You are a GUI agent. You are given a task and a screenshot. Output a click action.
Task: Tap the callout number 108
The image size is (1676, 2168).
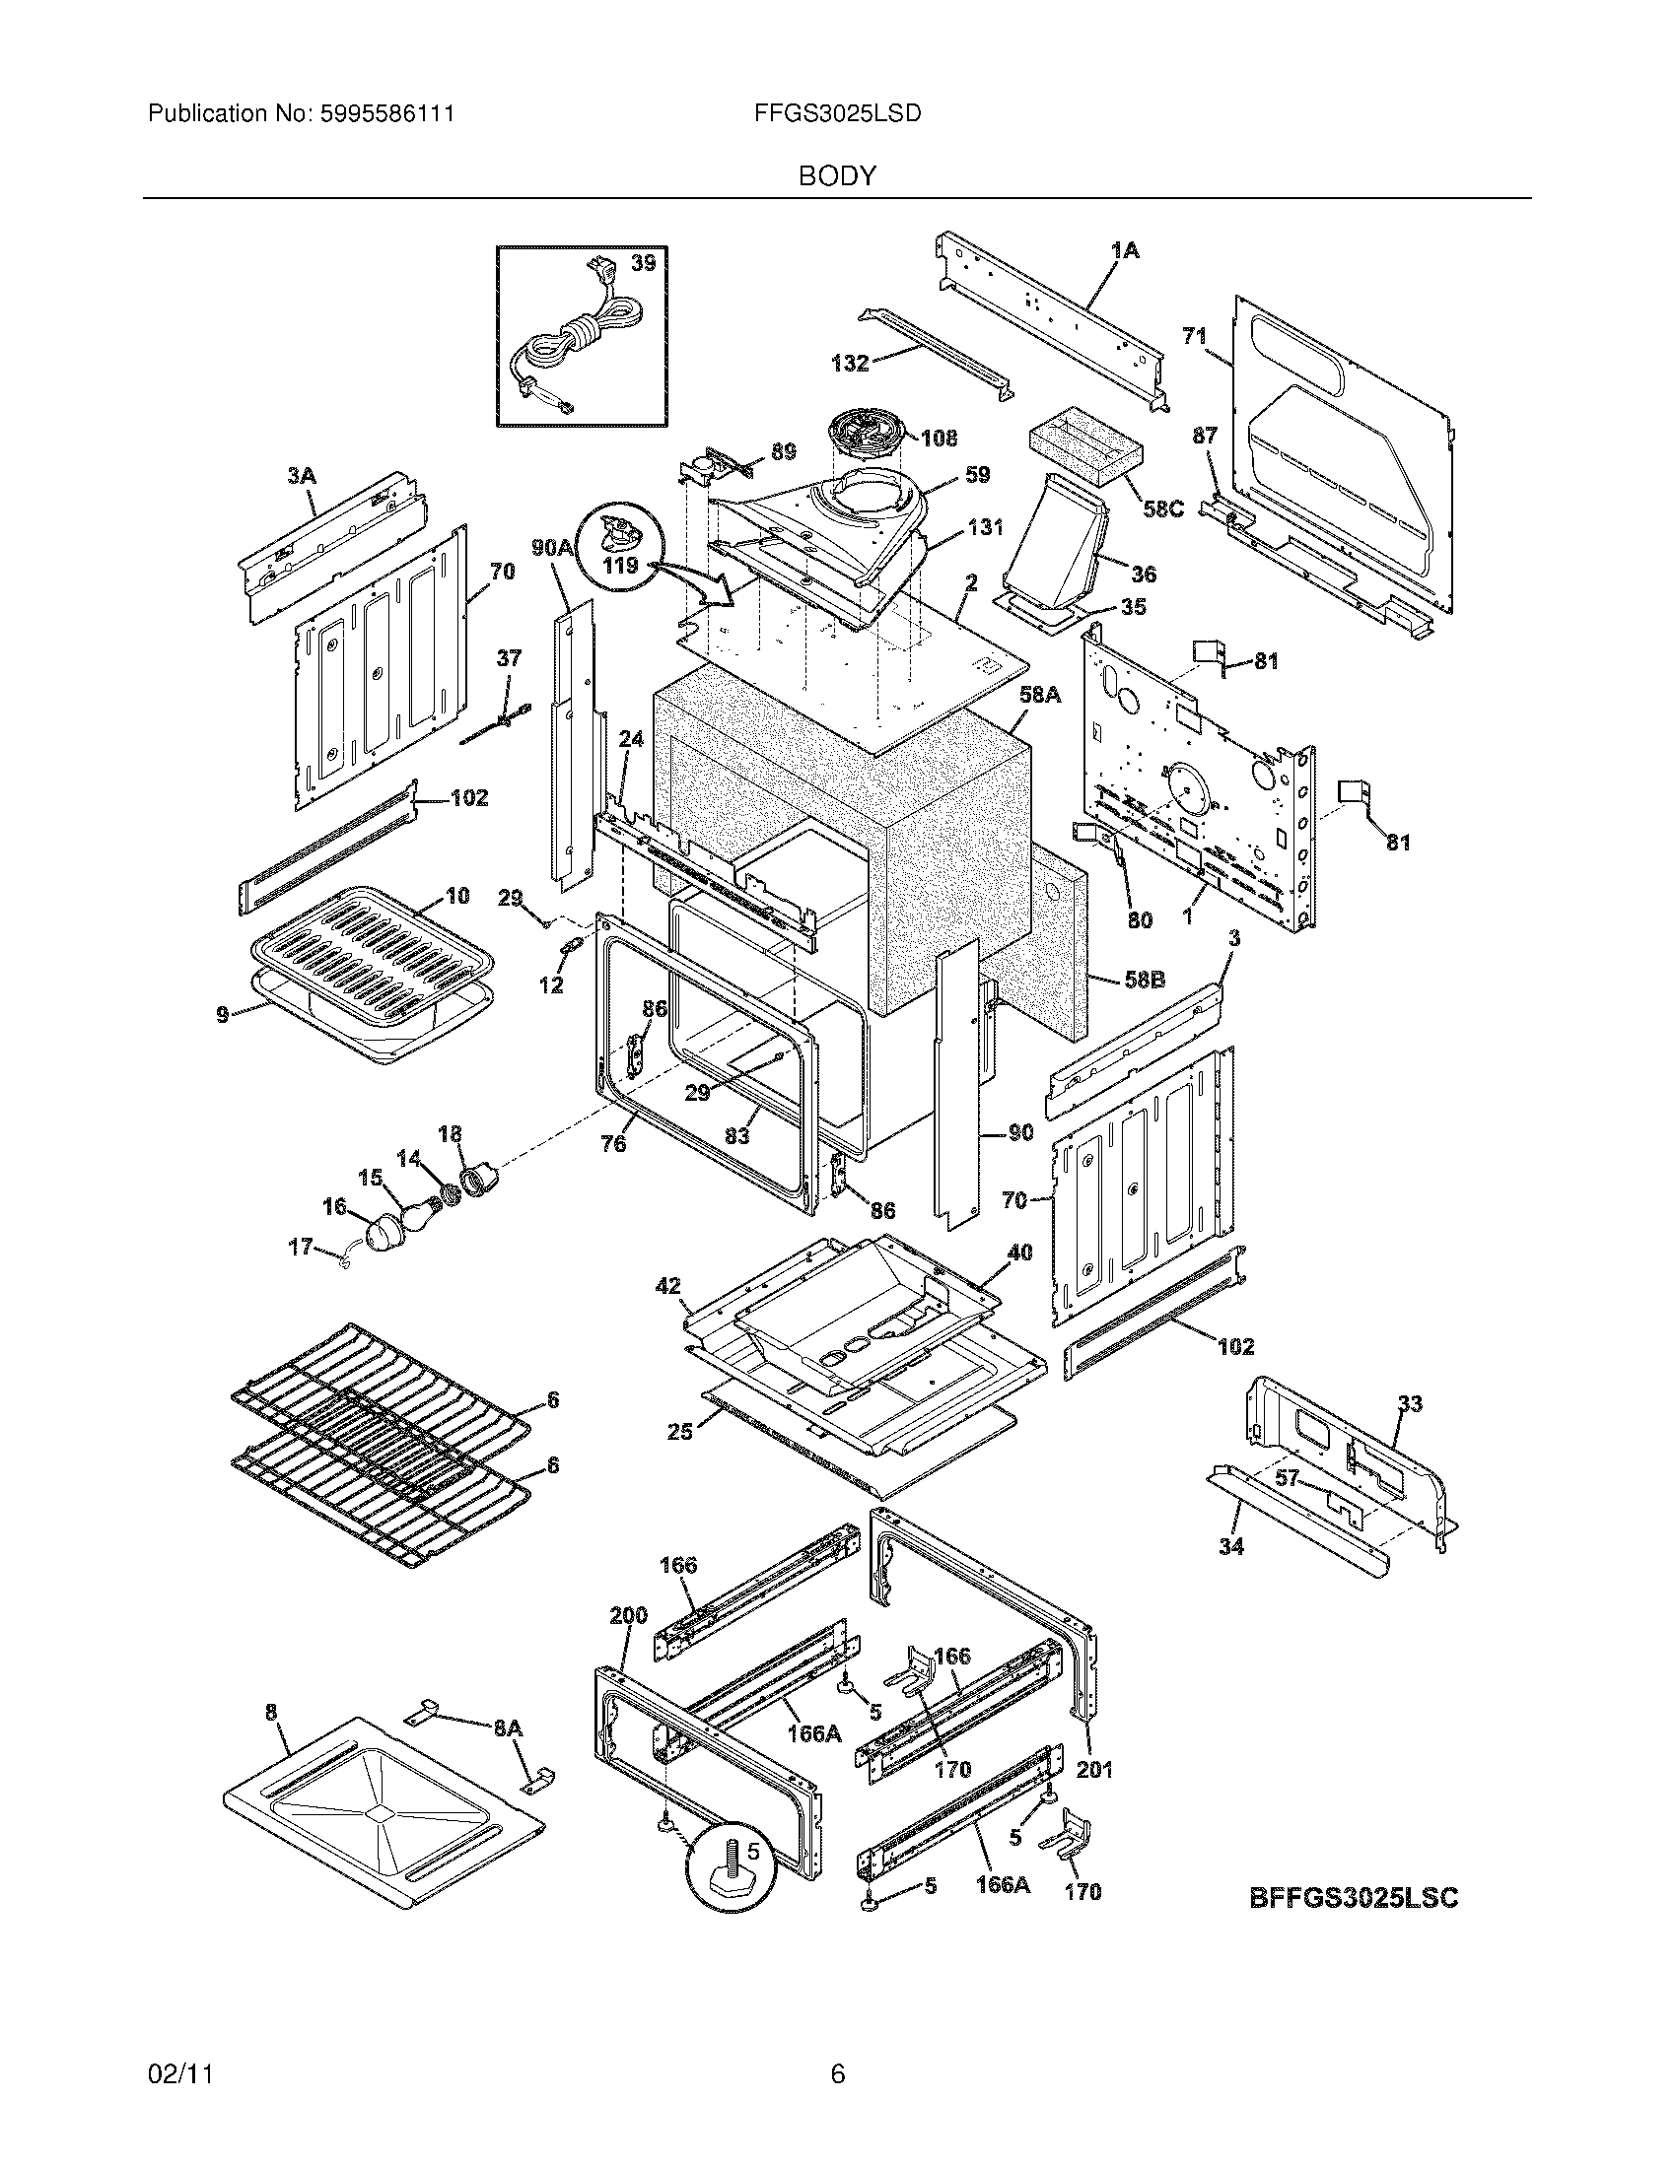pyautogui.click(x=939, y=438)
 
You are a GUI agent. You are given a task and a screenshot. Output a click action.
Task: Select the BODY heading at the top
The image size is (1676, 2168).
pyautogui.click(x=837, y=176)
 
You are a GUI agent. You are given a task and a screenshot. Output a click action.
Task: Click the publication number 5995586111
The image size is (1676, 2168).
pyautogui.click(x=387, y=114)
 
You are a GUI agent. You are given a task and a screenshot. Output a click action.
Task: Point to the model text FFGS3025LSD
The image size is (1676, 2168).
pyautogui.click(x=837, y=114)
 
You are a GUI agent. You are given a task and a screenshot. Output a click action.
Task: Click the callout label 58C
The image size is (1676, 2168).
pyautogui.click(x=1162, y=509)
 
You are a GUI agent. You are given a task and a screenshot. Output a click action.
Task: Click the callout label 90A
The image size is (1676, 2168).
pyautogui.click(x=553, y=547)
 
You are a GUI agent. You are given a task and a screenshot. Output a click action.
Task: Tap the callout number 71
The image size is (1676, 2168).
pyautogui.click(x=1195, y=336)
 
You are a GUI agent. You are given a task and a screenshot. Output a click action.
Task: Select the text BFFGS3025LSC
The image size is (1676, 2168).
pyautogui.click(x=1353, y=1898)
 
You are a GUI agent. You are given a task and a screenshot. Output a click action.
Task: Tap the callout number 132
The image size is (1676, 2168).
pyautogui.click(x=850, y=364)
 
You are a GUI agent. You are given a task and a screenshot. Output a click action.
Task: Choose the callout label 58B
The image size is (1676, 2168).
pyautogui.click(x=1144, y=980)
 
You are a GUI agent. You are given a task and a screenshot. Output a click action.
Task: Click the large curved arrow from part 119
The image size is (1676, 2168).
pyautogui.click(x=700, y=580)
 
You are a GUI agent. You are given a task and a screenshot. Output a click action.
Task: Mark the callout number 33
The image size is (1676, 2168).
pyautogui.click(x=1410, y=1403)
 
